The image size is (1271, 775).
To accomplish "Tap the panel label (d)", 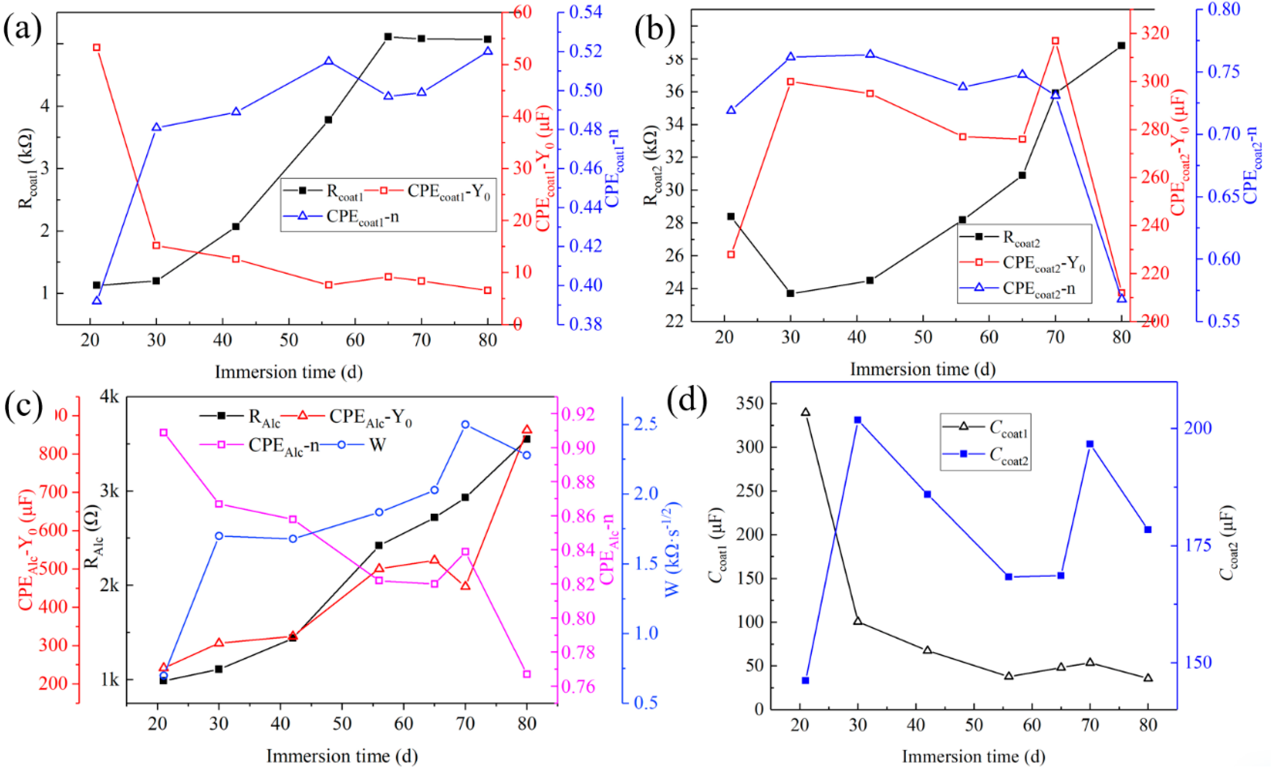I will [x=687, y=401].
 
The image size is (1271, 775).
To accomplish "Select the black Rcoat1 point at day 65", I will [x=388, y=37].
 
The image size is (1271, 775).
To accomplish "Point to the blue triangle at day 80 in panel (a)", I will [x=488, y=51].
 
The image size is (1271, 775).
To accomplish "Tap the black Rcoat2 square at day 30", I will [x=790, y=293].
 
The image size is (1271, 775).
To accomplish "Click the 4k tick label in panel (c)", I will [x=109, y=396].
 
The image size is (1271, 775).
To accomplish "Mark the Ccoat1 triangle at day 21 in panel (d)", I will [x=806, y=412].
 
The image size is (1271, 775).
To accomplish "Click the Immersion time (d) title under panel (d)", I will [x=973, y=757].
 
